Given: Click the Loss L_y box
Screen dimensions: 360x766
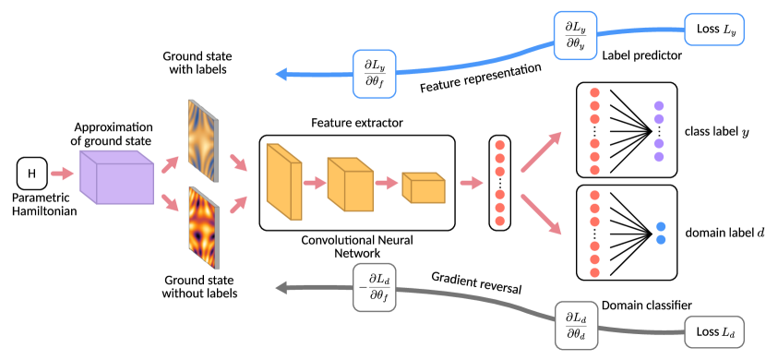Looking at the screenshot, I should point(712,30).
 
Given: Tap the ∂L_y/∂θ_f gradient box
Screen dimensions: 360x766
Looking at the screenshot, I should point(374,74).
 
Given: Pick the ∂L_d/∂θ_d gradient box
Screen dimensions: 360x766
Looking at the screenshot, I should point(576,325).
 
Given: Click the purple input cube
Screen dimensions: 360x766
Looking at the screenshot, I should point(116,176).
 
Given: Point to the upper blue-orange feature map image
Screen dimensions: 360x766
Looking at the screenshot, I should point(202,140).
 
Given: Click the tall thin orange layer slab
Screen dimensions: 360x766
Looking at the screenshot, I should point(283,182).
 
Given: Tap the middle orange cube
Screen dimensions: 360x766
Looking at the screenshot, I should point(350,184).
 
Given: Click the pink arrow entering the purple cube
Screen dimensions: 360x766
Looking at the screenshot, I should point(62,174).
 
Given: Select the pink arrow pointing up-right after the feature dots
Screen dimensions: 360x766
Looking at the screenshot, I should point(542,151).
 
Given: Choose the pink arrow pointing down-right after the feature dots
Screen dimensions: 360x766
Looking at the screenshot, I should point(542,213).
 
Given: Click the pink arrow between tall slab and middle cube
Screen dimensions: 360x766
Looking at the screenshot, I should point(315,183).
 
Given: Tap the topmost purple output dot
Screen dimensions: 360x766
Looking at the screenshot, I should point(659,105).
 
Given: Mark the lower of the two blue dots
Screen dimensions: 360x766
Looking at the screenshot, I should point(661,240).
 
